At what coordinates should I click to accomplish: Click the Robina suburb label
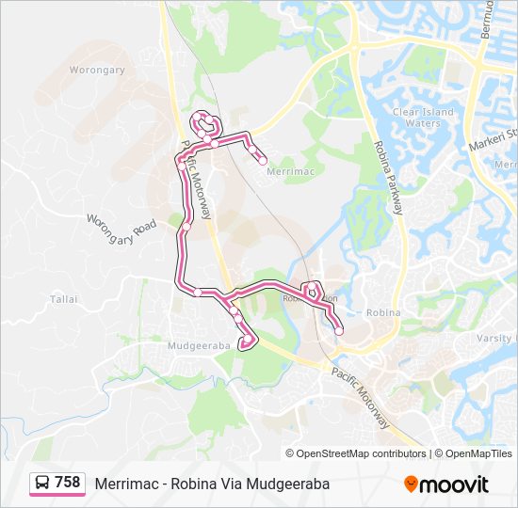383,312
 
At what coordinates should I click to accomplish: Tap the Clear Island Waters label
423,118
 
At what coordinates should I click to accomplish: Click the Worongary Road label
121,233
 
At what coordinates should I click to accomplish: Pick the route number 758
67,483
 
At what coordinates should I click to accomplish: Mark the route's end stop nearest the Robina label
339,331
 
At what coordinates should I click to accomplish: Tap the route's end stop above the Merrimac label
262,160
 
